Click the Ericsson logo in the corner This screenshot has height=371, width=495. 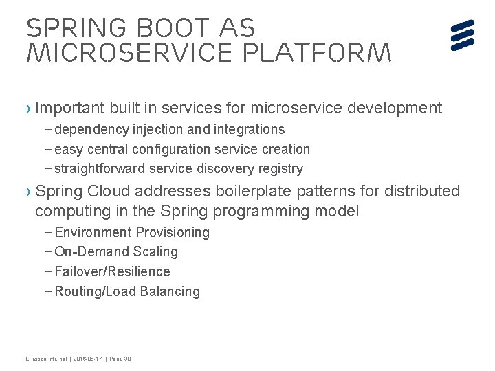click(463, 35)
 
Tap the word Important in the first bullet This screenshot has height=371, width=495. click(68, 108)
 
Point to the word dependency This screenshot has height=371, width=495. click(91, 129)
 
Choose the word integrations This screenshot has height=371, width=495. click(247, 129)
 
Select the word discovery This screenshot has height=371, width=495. click(223, 168)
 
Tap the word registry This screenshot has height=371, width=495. click(278, 168)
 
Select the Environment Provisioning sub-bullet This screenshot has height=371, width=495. click(132, 232)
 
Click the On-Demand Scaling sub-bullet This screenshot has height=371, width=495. click(116, 251)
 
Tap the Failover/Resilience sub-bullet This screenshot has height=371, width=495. click(112, 271)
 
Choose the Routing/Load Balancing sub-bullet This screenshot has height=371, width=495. click(127, 291)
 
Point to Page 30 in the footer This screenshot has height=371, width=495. click(122, 359)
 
